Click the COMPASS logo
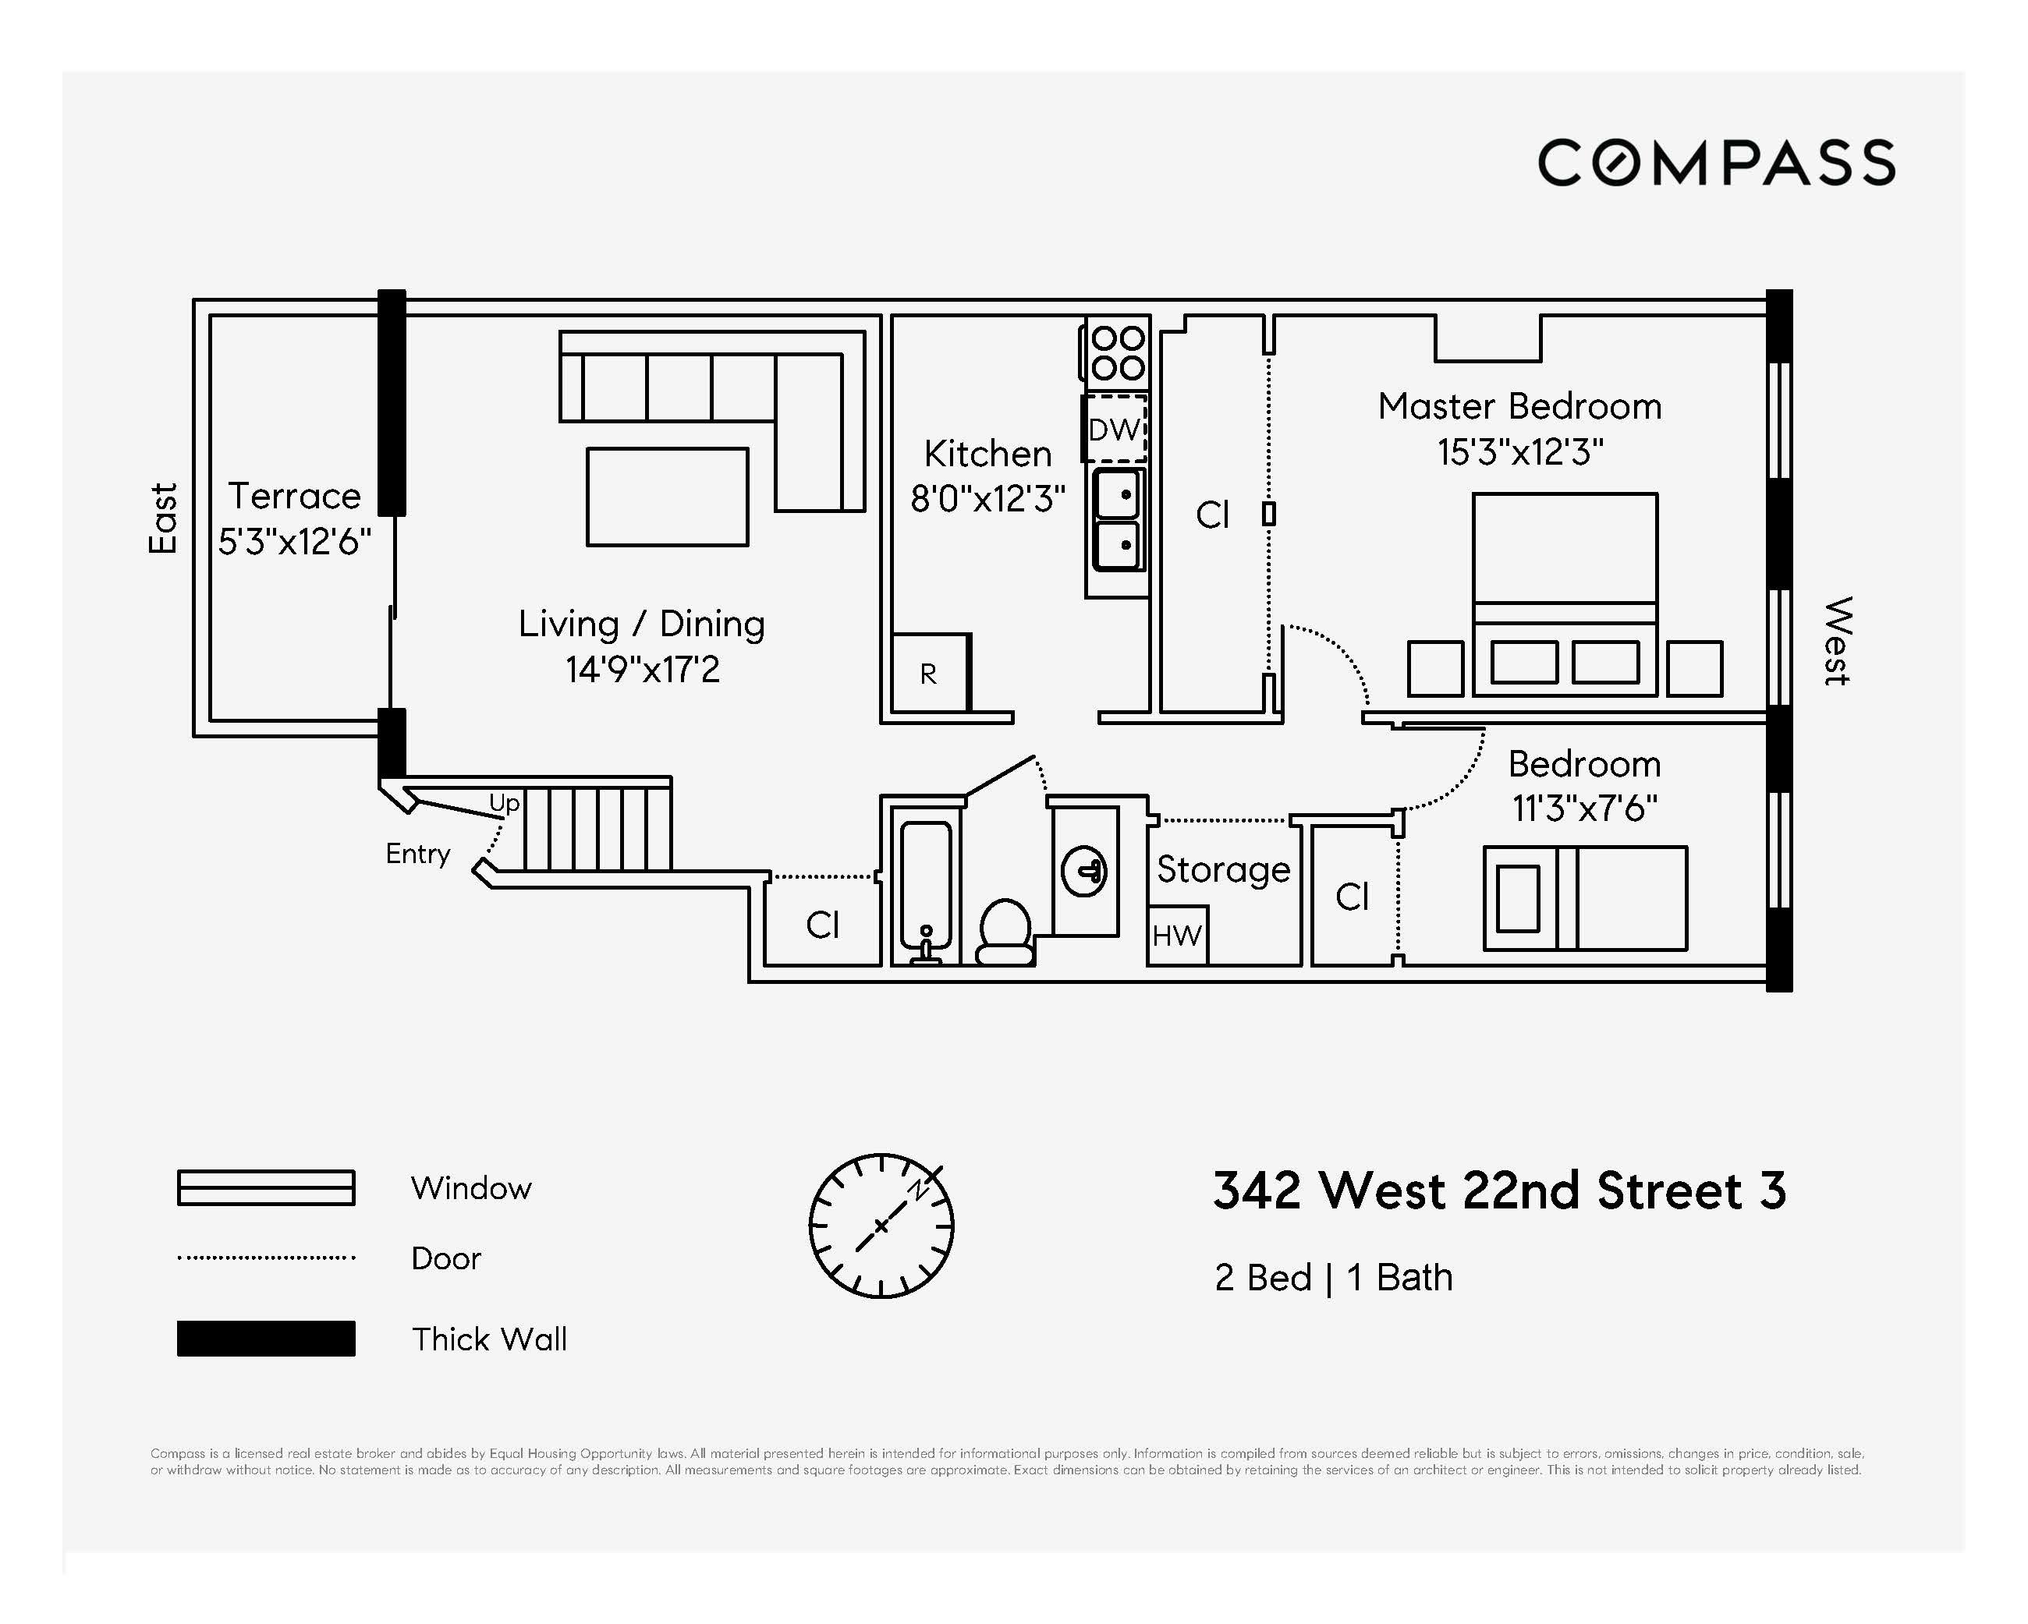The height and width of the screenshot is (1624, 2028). (1716, 163)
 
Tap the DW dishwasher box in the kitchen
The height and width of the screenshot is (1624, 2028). (1114, 430)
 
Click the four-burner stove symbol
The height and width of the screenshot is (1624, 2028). (1119, 352)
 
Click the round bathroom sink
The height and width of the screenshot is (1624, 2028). (1083, 872)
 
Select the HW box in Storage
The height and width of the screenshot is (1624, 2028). (1177, 936)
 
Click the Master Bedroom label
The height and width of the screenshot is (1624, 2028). (1519, 406)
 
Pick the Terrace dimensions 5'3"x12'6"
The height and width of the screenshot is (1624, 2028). (294, 542)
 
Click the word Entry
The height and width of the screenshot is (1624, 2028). (417, 854)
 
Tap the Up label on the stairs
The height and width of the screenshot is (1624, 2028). (504, 802)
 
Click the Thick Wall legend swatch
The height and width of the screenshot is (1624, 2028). (266, 1338)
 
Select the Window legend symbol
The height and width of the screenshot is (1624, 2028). (266, 1187)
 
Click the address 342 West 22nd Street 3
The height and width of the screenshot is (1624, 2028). (1498, 1191)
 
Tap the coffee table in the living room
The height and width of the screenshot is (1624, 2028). (667, 497)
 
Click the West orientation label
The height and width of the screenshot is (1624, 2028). (1838, 642)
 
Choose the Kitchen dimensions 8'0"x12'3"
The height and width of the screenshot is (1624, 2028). (987, 499)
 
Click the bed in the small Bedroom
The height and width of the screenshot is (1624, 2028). (1585, 898)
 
